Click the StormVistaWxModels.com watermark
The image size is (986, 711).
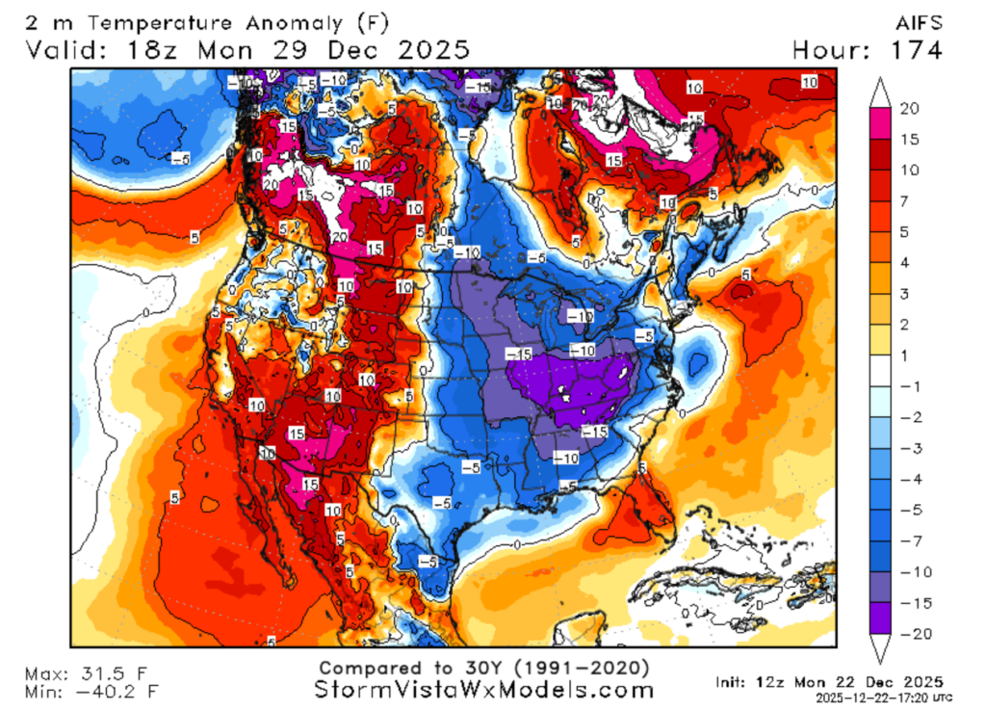pos(484,690)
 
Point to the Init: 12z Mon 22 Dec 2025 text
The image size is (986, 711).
pos(828,682)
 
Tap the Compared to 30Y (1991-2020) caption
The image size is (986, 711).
pos(484,668)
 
